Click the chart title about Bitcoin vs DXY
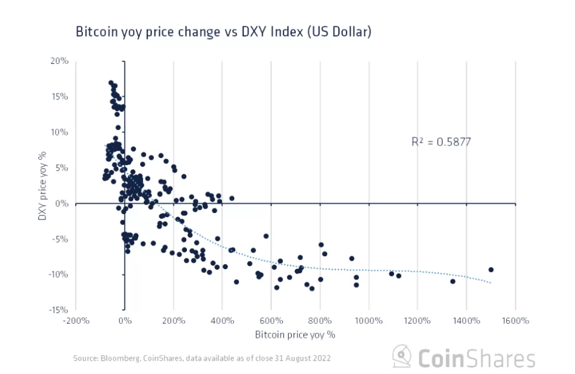click(223, 32)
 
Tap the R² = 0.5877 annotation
click(441, 141)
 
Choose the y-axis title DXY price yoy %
click(43, 185)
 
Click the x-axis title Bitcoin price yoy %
click(295, 334)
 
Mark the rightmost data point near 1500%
click(490, 270)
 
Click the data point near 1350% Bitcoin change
click(453, 281)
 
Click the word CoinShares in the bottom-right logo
click(477, 359)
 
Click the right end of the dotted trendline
click(490, 283)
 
